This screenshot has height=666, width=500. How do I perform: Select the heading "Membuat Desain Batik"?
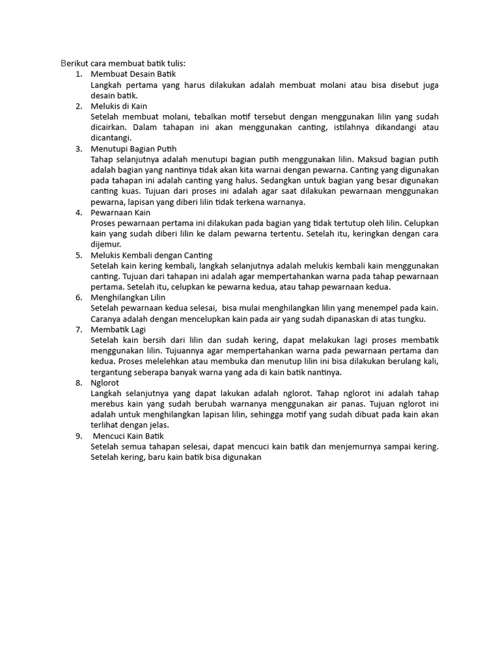[x=129, y=74]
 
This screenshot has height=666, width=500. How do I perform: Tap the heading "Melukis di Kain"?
[x=118, y=106]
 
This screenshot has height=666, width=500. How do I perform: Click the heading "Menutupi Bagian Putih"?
[x=133, y=148]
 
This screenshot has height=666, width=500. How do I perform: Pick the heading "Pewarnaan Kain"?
[x=120, y=212]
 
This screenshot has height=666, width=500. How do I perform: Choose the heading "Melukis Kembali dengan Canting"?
[x=152, y=255]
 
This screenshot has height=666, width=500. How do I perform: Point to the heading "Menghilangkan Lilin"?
[x=128, y=297]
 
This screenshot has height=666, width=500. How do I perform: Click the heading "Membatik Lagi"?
[x=118, y=329]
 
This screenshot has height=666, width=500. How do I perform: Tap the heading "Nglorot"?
[x=105, y=382]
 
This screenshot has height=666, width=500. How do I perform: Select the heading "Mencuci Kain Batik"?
[x=132, y=436]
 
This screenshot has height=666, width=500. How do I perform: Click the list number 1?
[x=78, y=74]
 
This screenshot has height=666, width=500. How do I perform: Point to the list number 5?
[x=78, y=255]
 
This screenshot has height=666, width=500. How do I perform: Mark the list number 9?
[x=78, y=436]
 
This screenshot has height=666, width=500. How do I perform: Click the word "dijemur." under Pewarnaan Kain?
[x=106, y=244]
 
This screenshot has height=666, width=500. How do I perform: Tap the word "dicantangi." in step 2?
[x=111, y=138]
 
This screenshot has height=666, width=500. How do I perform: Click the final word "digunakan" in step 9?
[x=241, y=457]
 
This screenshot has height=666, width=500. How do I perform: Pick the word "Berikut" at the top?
[x=74, y=63]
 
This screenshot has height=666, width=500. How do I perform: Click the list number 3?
[x=78, y=148]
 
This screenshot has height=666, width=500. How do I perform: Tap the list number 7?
[x=78, y=329]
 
